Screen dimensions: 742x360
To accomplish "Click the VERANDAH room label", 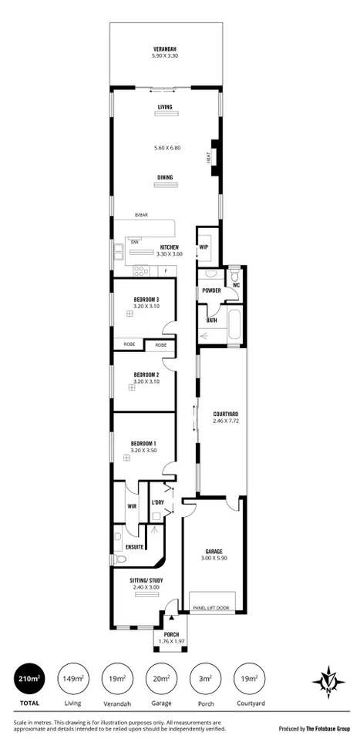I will point(165,49).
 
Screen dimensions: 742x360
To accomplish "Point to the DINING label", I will point(165,177).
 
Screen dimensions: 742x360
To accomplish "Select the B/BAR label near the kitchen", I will point(141,215).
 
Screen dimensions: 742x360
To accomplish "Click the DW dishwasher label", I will point(135,242).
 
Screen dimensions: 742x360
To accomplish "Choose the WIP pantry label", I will point(204,247).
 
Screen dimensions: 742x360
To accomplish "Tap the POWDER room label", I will point(211,290).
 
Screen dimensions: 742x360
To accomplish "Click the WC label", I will point(236,285).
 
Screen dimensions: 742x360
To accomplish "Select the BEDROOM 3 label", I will point(146,300).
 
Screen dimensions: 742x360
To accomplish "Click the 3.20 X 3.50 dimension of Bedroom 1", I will point(146,450).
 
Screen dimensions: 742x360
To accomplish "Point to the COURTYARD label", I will point(225,415).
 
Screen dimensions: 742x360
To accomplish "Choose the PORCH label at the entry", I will point(171,633).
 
